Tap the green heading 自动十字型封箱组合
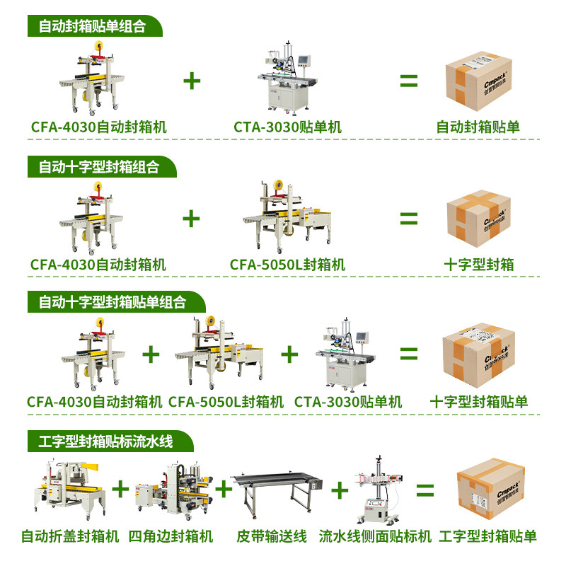coord(98,167)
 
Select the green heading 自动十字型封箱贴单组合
coord(112,302)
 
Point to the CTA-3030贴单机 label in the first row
coord(288,127)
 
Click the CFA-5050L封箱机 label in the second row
coord(287,265)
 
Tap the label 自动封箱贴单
coord(478,127)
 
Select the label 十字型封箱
coord(479,265)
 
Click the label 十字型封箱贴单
coord(479,402)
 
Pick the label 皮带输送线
coord(272,536)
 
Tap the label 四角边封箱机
coord(171,536)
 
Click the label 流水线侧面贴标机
coord(375,536)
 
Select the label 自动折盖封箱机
coord(69,536)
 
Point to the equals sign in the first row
coord(409,80)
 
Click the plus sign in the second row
coord(191,218)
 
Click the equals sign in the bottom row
coord(424,490)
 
